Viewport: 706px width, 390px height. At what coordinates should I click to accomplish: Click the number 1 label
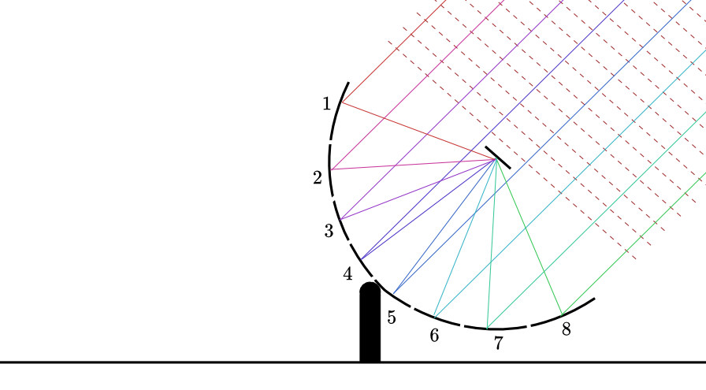click(327, 104)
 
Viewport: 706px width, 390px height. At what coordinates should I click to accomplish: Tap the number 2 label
click(318, 178)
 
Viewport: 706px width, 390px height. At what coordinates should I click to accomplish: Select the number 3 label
click(329, 231)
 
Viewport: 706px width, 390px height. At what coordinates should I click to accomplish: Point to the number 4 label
click(347, 274)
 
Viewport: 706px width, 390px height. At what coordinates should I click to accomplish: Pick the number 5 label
click(392, 318)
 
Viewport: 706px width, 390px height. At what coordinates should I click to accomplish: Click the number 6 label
click(434, 336)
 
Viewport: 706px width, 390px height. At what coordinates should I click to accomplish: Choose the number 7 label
click(498, 344)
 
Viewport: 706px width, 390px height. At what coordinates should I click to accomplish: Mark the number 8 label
click(567, 329)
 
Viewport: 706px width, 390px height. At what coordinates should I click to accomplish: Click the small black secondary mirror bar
click(497, 158)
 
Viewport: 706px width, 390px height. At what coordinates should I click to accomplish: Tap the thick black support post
click(370, 322)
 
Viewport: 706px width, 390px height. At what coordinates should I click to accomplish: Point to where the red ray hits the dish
click(342, 102)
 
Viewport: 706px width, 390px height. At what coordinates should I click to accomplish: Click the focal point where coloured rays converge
click(496, 159)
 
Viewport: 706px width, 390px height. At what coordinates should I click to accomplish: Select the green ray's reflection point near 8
click(563, 314)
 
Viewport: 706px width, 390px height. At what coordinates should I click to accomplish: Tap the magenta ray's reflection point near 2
click(331, 169)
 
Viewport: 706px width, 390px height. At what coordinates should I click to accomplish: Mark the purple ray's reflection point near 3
click(341, 219)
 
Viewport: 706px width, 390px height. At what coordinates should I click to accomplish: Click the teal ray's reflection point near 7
click(487, 329)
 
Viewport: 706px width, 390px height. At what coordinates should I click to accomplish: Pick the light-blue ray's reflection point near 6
click(434, 317)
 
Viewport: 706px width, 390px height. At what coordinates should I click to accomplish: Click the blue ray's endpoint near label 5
click(393, 294)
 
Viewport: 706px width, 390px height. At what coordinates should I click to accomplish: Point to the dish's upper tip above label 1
click(348, 83)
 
